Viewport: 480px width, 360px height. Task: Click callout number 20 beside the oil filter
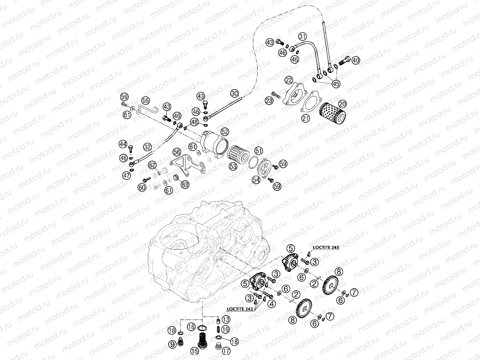click(343, 104)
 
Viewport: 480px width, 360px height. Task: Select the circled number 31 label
click(302, 36)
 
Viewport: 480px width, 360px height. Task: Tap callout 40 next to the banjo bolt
click(355, 60)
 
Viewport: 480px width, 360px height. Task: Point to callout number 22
click(288, 80)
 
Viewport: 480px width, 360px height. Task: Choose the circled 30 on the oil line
click(234, 93)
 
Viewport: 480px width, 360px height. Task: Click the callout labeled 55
click(145, 101)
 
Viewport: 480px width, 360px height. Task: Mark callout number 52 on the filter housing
click(225, 131)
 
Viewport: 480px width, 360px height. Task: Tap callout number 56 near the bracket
click(177, 152)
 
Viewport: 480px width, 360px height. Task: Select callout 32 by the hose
click(147, 146)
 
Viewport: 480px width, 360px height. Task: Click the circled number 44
click(123, 144)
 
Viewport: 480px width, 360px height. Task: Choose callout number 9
click(172, 344)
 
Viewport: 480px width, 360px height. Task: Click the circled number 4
click(271, 303)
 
